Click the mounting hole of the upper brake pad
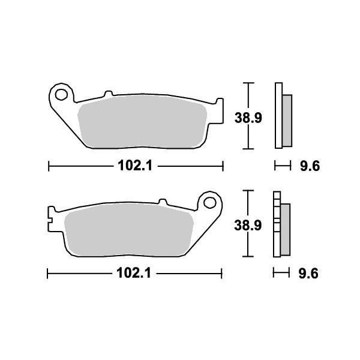tap(61, 94)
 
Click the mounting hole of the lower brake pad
tap(210, 203)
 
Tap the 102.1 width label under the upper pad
tap(135, 166)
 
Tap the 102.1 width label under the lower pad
tap(134, 274)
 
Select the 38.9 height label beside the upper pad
tap(248, 118)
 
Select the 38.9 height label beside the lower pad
tap(248, 226)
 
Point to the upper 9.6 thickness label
tap(310, 166)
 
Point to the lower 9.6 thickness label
tap(308, 274)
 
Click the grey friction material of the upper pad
tap(142, 122)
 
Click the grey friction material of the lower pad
tap(129, 230)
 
